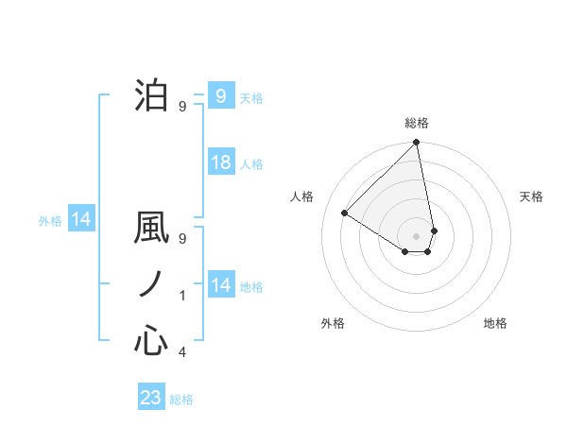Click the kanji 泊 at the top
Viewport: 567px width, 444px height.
151,95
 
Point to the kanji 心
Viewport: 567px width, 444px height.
151,341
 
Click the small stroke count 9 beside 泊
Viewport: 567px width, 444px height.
182,106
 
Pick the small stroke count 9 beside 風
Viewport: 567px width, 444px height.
182,238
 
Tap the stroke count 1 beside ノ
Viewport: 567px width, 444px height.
182,296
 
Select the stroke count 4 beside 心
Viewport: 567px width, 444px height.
182,352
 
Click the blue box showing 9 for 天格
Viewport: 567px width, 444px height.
220,95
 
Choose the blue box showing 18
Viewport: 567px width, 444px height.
220,162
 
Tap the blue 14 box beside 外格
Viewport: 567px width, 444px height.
80,220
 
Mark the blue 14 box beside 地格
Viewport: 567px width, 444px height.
220,285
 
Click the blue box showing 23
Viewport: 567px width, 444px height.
151,398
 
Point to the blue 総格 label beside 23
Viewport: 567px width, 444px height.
181,400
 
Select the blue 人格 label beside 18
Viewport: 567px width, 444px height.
251,164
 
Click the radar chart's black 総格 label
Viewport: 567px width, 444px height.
417,123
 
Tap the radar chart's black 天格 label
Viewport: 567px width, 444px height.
532,196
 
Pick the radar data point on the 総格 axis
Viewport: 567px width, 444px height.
417,144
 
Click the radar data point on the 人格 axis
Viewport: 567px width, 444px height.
345,213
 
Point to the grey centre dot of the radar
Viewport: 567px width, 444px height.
417,235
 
